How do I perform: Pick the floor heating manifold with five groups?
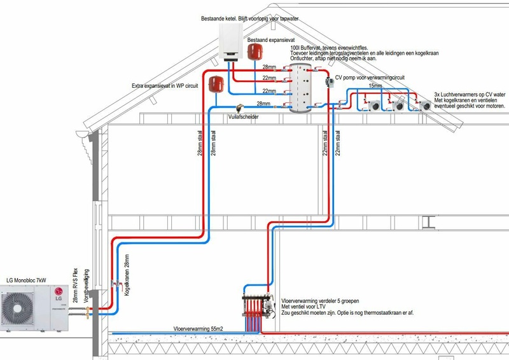pyautogui.click(x=260, y=304)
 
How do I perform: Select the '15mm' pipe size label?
pyautogui.click(x=376, y=85)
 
